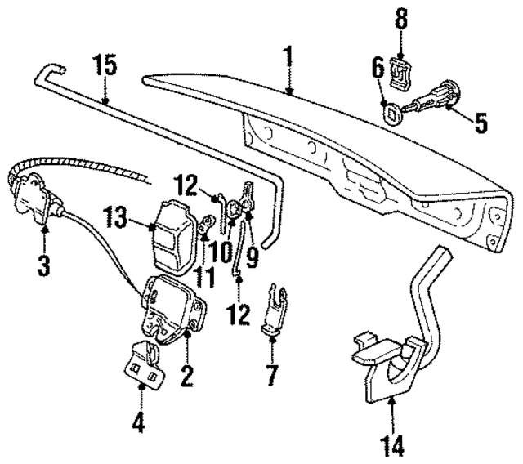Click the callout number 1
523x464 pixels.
[x=287, y=59]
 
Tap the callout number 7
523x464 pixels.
[x=270, y=376]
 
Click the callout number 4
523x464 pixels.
[x=140, y=422]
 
